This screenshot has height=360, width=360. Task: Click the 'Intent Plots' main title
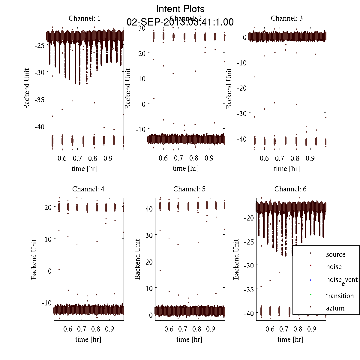click(x=180, y=9)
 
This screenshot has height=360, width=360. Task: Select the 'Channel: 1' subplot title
click(x=85, y=18)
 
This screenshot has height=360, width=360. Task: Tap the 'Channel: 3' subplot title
click(x=286, y=18)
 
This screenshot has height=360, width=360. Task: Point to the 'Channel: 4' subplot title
click(x=88, y=189)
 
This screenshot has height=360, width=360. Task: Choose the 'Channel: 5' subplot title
click(x=189, y=189)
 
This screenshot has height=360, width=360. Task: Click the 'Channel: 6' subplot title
click(x=290, y=189)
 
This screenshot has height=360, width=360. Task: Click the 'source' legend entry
click(x=335, y=254)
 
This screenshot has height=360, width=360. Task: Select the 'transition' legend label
click(x=340, y=296)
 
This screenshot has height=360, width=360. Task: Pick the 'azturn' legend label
click(x=335, y=308)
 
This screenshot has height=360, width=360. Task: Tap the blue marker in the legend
click(x=310, y=280)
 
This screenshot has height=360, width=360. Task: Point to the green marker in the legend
click(x=310, y=294)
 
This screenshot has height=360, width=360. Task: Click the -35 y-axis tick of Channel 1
click(x=39, y=99)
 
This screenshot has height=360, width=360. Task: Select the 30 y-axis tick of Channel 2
click(x=142, y=28)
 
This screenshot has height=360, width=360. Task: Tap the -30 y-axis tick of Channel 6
click(x=249, y=265)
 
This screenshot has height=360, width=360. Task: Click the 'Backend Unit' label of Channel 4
click(x=34, y=259)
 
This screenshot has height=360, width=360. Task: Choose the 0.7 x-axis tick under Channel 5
click(x=183, y=329)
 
